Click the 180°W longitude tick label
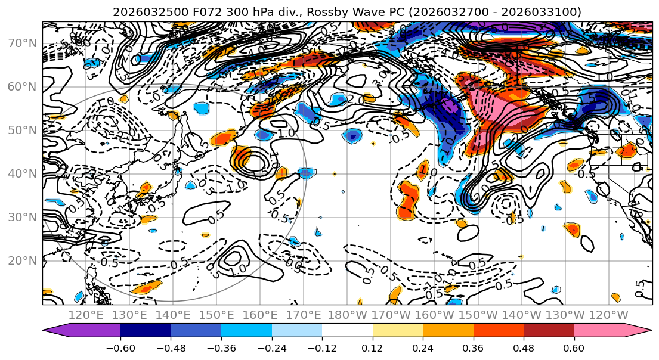click(x=346, y=315)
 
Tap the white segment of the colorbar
click(x=347, y=330)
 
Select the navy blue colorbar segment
click(x=146, y=330)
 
